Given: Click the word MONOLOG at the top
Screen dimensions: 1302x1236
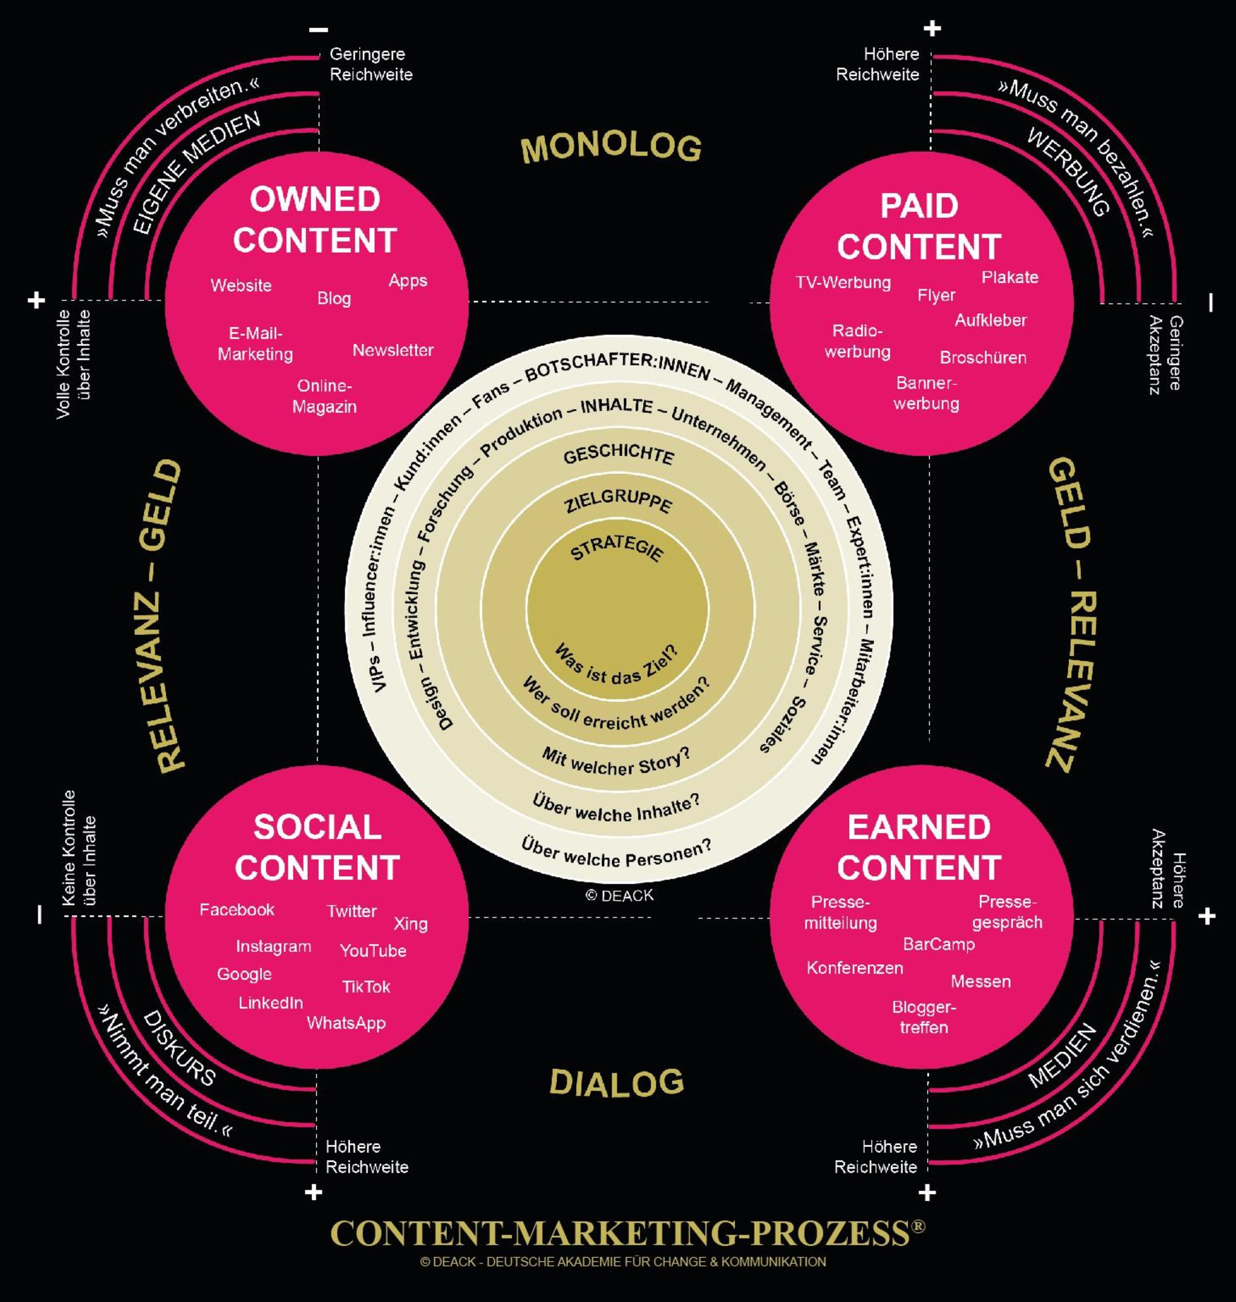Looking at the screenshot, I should click(x=611, y=148).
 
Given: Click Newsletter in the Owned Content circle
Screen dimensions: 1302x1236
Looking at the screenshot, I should click(x=393, y=350).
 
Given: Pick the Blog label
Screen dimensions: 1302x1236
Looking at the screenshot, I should click(x=334, y=298).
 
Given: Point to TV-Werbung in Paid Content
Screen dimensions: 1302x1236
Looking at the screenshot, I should click(x=843, y=282).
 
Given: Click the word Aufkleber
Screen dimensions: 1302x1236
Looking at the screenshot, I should click(x=990, y=321).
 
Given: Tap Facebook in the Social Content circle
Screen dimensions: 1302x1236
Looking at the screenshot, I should click(x=237, y=910).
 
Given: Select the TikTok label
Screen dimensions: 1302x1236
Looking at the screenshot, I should click(x=366, y=986).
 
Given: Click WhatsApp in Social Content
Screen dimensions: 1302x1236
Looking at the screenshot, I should click(x=346, y=1023).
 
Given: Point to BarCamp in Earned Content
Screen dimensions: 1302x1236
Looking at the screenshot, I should click(x=938, y=944).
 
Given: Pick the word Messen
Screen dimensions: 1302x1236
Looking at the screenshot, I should click(x=980, y=981).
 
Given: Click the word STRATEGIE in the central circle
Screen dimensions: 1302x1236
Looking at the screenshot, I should click(x=617, y=547).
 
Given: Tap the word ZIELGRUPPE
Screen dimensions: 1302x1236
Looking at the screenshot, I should click(x=618, y=502).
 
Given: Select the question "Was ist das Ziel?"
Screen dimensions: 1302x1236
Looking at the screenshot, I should click(x=616, y=666).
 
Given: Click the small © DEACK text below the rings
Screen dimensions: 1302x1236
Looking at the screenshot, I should click(x=619, y=895).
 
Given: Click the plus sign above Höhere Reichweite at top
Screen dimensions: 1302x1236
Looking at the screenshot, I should click(x=932, y=28).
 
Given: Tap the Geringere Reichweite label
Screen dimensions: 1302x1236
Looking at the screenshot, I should click(x=371, y=65).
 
